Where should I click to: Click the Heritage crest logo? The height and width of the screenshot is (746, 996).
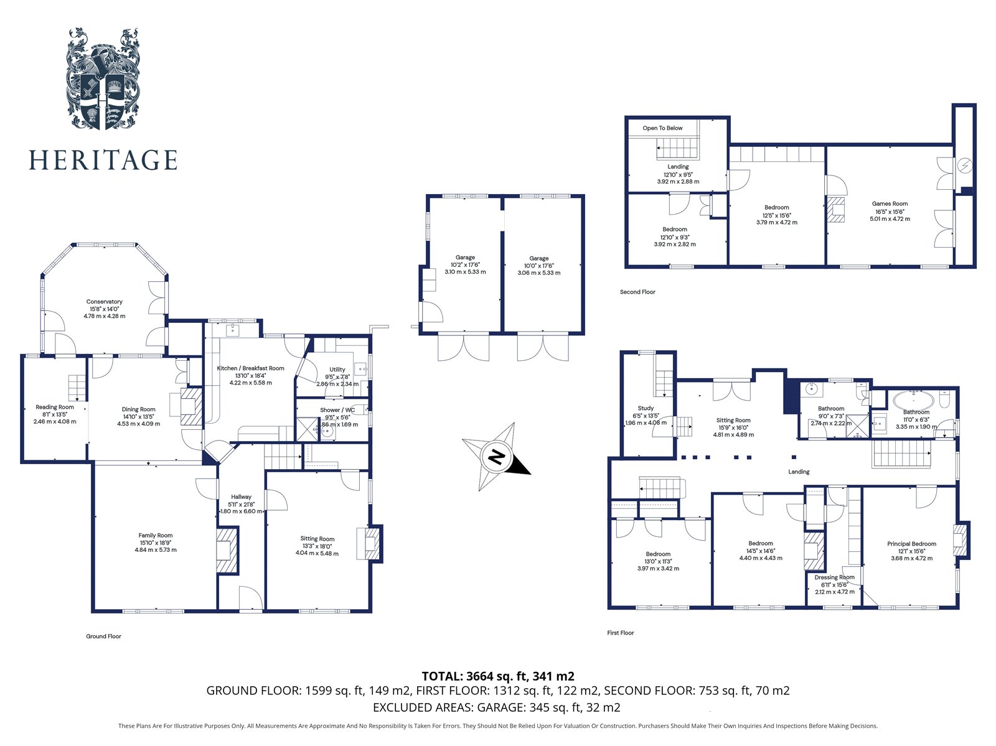tap(103, 79)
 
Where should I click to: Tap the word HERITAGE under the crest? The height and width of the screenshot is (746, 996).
tap(103, 160)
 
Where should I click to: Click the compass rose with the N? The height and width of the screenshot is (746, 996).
tap(496, 458)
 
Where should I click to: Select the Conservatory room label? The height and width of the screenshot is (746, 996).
tap(105, 302)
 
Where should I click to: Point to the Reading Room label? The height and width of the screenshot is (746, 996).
tap(55, 408)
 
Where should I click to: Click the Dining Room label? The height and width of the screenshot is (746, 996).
tap(138, 410)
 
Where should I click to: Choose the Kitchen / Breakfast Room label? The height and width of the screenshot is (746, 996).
tap(250, 368)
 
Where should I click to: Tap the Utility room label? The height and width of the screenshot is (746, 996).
tap(337, 370)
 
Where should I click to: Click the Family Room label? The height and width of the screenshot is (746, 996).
tap(156, 536)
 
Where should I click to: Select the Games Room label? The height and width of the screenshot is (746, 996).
tap(890, 204)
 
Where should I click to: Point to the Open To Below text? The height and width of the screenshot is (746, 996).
tap(662, 128)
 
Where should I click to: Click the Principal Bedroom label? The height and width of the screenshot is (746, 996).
tap(911, 544)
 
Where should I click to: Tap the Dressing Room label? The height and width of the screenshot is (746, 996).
tap(834, 577)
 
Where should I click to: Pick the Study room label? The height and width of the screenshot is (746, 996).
tap(646, 409)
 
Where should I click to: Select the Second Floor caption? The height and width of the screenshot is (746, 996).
tap(637, 292)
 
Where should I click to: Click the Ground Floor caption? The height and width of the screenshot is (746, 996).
tap(103, 636)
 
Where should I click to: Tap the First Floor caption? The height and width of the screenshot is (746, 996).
tap(621, 633)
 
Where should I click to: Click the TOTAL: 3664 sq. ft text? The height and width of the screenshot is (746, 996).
tap(497, 676)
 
